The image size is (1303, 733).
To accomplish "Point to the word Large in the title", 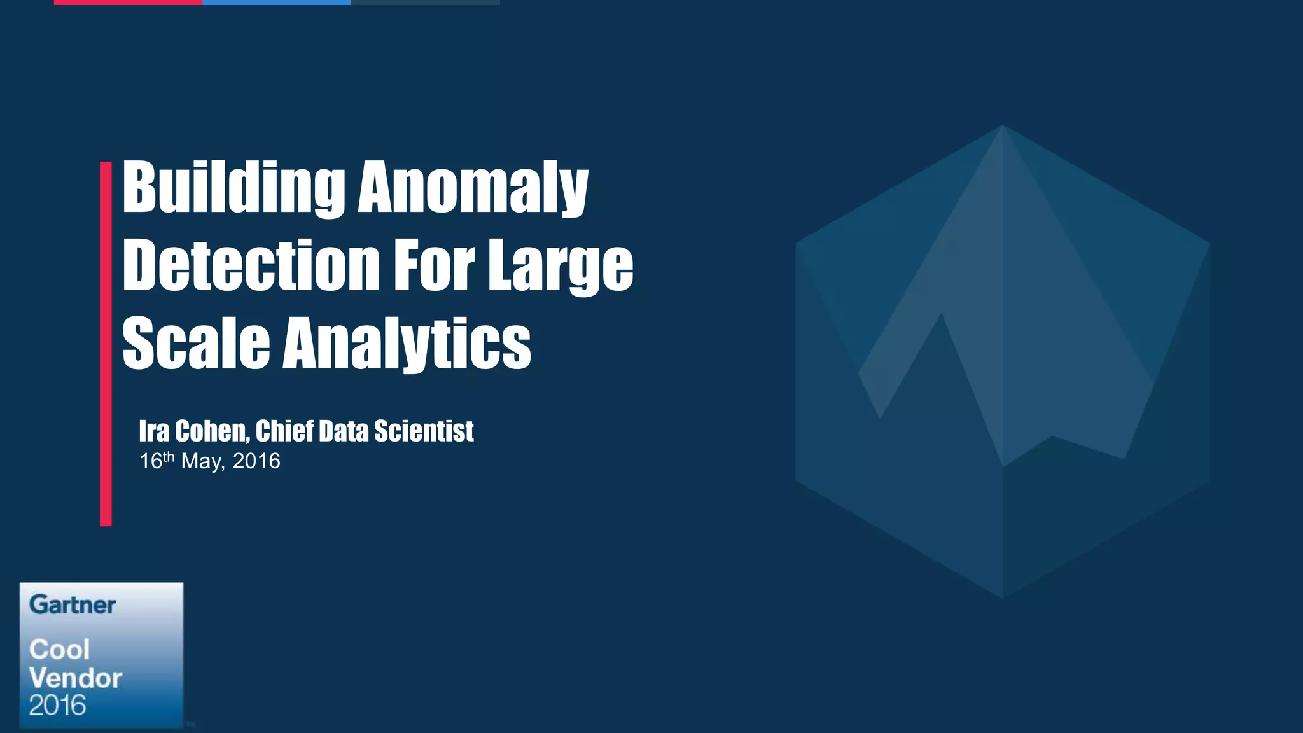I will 561,266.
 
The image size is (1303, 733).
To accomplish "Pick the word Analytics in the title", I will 407,344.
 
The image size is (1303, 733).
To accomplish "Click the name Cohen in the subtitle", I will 212,431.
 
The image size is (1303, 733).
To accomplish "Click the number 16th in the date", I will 157,460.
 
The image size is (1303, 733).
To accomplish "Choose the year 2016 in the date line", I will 256,461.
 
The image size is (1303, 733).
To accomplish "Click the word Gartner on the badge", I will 73,604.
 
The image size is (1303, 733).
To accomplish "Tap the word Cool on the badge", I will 59,650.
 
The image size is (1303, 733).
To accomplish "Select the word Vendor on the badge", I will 75,678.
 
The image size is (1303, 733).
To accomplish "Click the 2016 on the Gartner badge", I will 57,706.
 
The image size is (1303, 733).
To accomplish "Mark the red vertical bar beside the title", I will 106,344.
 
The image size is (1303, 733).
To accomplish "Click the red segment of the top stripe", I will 128,3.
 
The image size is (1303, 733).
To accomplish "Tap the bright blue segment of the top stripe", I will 276,3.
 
